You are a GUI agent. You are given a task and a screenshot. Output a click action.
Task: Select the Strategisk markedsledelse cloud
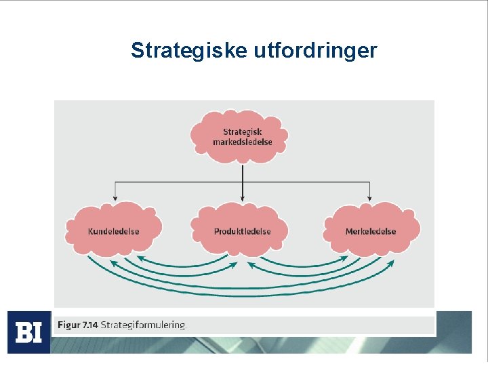(243, 136)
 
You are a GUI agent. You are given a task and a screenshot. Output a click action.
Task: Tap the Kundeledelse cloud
(113, 230)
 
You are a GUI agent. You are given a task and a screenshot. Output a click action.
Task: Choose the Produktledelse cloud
(242, 230)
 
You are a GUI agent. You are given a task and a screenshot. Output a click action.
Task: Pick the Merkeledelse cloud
(371, 230)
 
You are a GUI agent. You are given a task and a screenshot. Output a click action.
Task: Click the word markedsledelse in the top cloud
(243, 142)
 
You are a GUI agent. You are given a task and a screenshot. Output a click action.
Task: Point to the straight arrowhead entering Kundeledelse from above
(115, 199)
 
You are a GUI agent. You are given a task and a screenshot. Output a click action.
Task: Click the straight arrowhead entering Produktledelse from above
(243, 199)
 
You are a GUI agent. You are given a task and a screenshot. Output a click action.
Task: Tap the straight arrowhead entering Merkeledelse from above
(369, 199)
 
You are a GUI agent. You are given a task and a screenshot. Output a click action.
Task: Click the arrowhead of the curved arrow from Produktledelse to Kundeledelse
(139, 258)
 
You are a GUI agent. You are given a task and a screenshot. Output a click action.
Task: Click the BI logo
(28, 332)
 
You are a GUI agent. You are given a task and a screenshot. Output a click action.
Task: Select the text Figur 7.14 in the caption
(78, 325)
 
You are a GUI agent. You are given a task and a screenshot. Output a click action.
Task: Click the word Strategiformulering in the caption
(143, 325)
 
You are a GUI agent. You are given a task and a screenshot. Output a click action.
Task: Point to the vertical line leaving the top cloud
(243, 173)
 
